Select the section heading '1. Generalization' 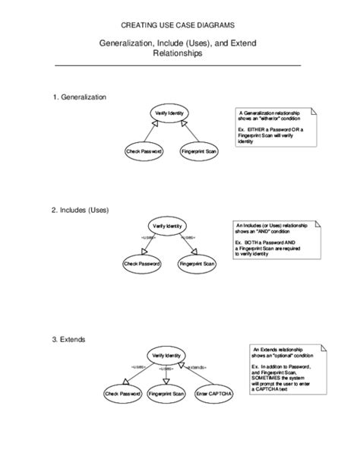pos(79,97)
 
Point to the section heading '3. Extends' pos(68,338)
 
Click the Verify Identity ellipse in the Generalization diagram pos(169,113)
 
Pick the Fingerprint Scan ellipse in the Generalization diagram pos(200,152)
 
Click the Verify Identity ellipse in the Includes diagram pos(167,226)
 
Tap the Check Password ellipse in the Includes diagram pos(141,265)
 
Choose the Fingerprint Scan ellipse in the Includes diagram pos(197,265)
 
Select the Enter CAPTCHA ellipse pos(214,395)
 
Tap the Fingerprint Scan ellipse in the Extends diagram pos(166,395)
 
